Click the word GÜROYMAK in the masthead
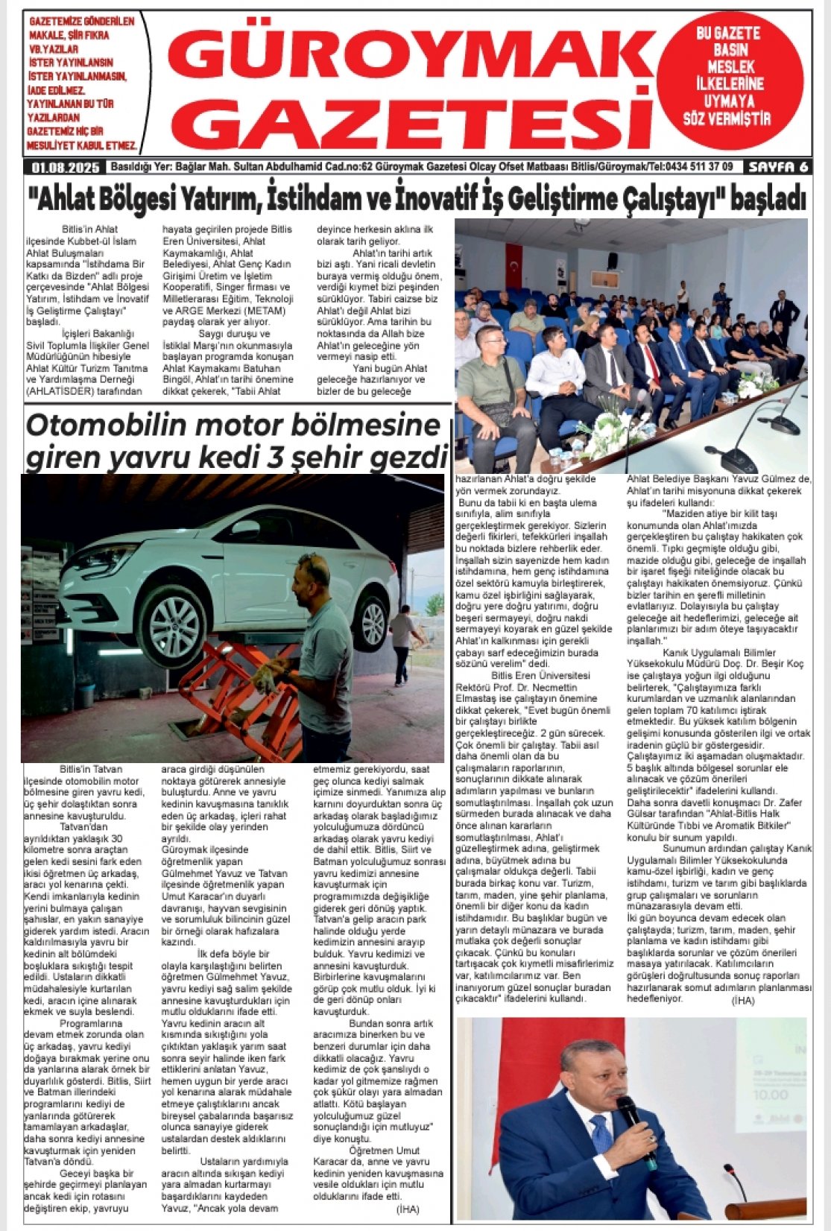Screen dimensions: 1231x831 [x=408, y=57]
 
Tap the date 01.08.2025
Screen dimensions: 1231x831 [x=62, y=167]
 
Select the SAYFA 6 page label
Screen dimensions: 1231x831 [x=777, y=167]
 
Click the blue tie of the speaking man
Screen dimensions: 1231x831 [x=601, y=1145]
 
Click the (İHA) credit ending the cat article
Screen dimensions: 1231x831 [x=408, y=1208]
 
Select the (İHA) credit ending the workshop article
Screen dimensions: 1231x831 [x=743, y=1001]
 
